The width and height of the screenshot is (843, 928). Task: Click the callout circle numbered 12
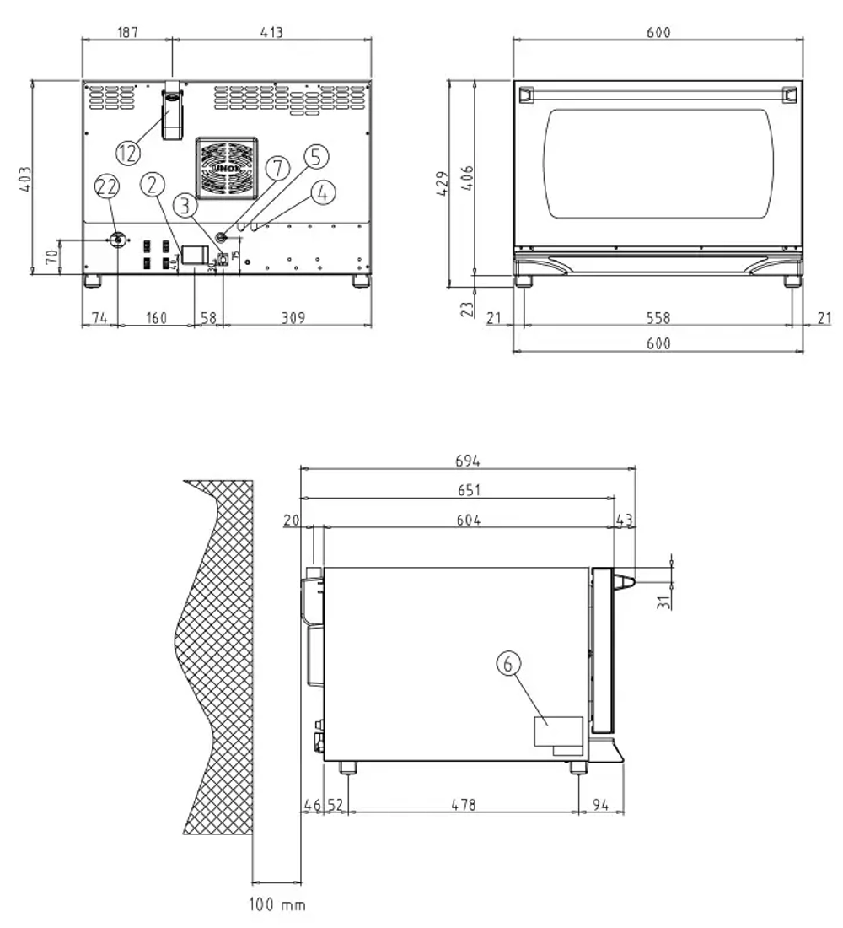(128, 153)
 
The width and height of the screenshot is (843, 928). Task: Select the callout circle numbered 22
(107, 186)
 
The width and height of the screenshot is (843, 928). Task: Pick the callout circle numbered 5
(315, 156)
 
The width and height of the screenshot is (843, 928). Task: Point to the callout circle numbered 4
(322, 192)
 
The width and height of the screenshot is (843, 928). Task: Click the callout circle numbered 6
(507, 665)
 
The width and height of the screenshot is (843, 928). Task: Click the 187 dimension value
(126, 32)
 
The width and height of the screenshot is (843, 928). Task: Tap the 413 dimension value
(271, 32)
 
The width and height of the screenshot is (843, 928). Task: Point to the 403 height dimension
(24, 177)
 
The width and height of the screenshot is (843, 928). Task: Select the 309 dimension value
(292, 318)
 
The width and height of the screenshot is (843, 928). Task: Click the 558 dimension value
(658, 318)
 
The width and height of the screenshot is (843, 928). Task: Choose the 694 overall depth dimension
(467, 461)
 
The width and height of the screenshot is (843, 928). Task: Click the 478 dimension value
(463, 805)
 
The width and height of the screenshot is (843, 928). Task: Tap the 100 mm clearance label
(277, 905)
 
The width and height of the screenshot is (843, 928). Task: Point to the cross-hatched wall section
(215, 658)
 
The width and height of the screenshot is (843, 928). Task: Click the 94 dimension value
(601, 805)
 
